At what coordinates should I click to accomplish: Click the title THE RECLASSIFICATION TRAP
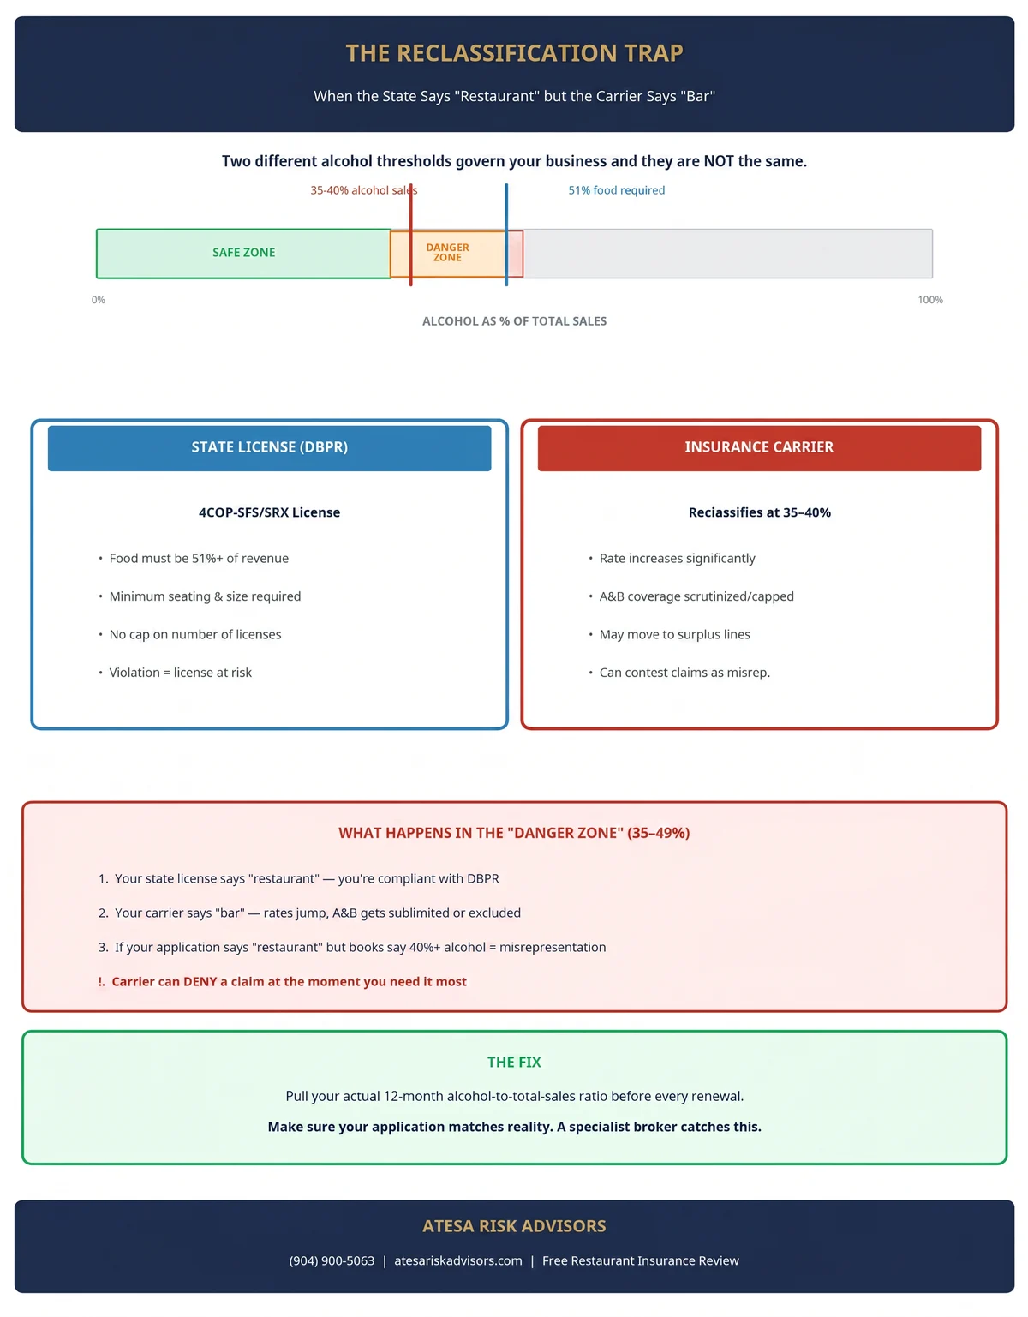coord(514,53)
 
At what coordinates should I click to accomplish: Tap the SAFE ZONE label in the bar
coord(243,252)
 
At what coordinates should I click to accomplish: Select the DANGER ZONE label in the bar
coord(447,252)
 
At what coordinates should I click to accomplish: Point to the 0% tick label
coord(99,299)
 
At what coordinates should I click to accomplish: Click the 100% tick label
coord(929,299)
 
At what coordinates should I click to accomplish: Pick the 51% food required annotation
coord(616,190)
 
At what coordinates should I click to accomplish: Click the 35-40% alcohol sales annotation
coord(363,190)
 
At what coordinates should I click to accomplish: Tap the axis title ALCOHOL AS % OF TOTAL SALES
coord(514,321)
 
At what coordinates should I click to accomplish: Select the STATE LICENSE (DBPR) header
coord(270,446)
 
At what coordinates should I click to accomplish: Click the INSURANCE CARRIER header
coord(759,446)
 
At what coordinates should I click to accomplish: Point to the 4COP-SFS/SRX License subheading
coord(270,512)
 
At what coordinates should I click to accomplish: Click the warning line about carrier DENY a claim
coord(283,981)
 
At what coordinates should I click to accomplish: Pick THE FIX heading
coord(514,1062)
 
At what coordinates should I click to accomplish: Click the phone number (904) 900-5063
coord(332,1260)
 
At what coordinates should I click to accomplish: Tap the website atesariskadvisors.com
coord(458,1260)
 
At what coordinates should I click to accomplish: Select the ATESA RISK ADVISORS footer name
coord(514,1226)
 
